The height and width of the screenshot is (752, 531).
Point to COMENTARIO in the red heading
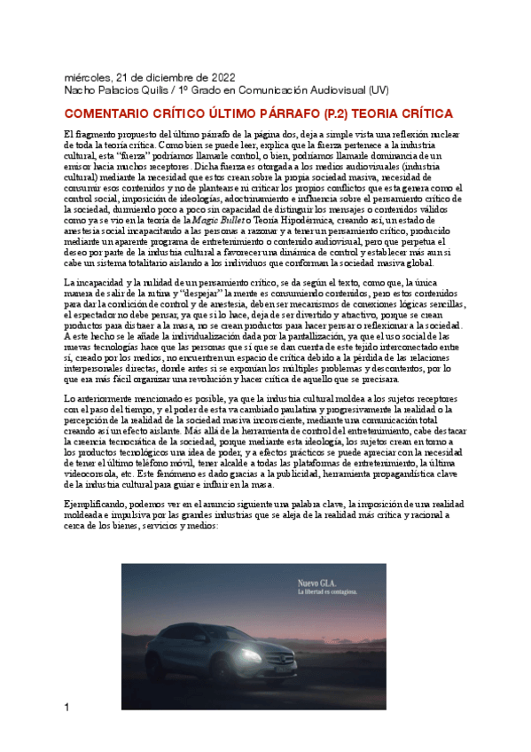pyautogui.click(x=113, y=114)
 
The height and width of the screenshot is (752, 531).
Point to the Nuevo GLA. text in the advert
pyautogui.click(x=297, y=583)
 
